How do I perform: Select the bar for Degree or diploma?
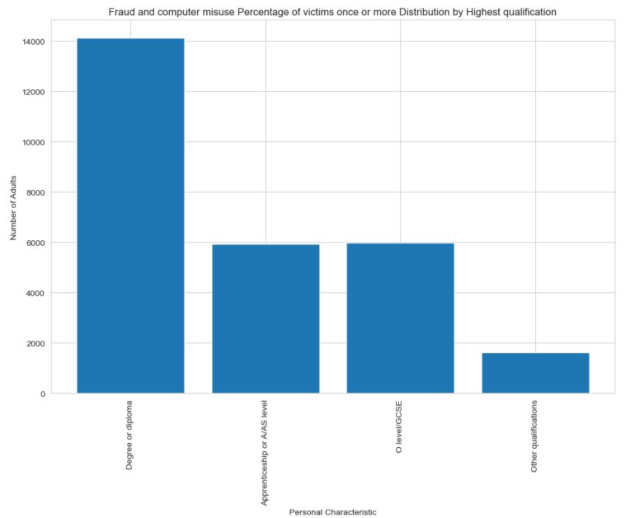tap(130, 216)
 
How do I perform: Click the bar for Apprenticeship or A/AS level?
tap(265, 319)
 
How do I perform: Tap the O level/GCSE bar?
tap(400, 318)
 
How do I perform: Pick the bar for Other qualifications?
tap(535, 373)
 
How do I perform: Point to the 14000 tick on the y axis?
tap(34, 42)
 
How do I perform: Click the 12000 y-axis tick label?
tap(34, 92)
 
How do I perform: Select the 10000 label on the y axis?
tap(34, 142)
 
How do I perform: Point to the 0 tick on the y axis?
tap(43, 393)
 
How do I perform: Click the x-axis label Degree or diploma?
tap(130, 434)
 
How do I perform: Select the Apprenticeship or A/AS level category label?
tap(265, 452)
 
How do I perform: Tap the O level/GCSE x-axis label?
tap(400, 427)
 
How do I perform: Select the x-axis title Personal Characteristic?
tap(333, 512)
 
